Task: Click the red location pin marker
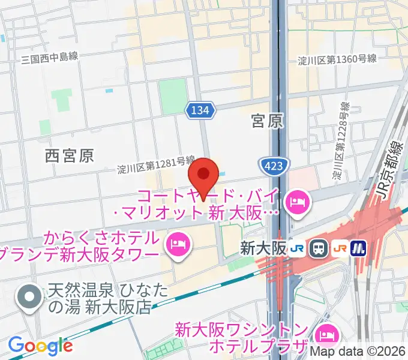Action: [203, 176]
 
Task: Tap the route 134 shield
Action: [199, 110]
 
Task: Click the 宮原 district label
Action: [267, 122]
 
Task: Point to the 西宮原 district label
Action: [70, 156]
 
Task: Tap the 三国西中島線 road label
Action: [50, 58]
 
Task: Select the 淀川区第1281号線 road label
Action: [156, 166]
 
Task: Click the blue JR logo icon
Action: [295, 247]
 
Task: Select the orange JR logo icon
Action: [340, 247]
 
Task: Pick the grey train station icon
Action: [317, 247]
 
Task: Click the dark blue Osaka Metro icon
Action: [359, 247]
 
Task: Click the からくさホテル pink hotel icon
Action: [178, 244]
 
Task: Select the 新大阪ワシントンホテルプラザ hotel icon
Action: [326, 334]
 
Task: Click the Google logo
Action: [40, 345]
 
